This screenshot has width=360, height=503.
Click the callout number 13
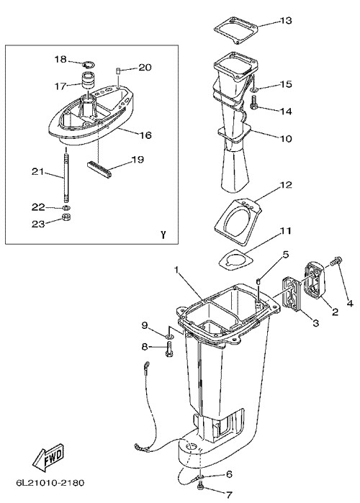point(286,21)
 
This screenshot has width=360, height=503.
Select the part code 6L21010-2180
point(50,482)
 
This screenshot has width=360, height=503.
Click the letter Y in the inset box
point(163,235)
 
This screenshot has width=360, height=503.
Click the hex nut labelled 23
point(66,217)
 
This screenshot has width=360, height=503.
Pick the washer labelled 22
point(66,207)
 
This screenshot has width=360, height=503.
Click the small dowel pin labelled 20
point(118,71)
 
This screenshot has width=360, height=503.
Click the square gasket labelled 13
point(236,30)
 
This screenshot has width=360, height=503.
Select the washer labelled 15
point(253,91)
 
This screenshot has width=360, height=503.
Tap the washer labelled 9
point(170,337)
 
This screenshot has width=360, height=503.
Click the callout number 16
point(145,135)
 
